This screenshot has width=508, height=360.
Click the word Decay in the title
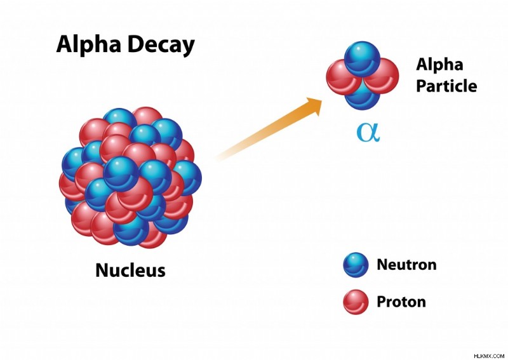coord(161,44)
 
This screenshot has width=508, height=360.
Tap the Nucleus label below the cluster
coord(130,270)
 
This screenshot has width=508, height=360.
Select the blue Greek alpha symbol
coord(368,133)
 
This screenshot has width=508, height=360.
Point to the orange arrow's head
coord(314,105)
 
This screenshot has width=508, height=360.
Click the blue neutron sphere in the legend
coord(356,265)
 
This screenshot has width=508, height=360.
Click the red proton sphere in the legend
coord(356,302)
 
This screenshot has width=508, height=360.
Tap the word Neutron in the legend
coord(406,264)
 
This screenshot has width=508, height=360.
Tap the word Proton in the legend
coord(401,302)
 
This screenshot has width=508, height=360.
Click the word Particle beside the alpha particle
coord(446,86)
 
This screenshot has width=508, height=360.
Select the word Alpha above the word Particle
coord(439,65)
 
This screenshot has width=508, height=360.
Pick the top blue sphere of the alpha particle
coord(362,58)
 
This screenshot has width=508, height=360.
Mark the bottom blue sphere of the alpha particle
coord(362,99)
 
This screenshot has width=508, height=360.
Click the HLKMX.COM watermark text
coord(489,356)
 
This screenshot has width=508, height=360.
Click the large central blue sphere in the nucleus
coord(121,174)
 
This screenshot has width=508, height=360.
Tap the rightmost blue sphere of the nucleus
coord(187,178)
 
